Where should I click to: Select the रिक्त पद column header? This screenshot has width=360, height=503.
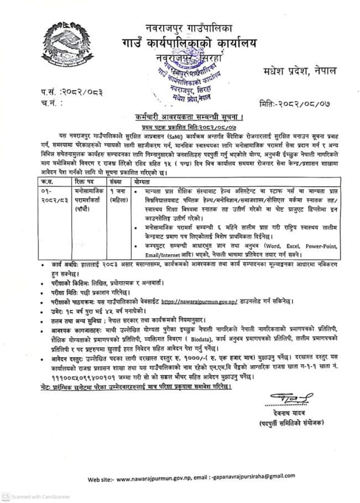[84, 181]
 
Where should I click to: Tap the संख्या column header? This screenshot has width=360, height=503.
[116, 181]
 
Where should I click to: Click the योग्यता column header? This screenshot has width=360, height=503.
[144, 181]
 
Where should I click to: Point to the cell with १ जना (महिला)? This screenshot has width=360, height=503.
[118, 196]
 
